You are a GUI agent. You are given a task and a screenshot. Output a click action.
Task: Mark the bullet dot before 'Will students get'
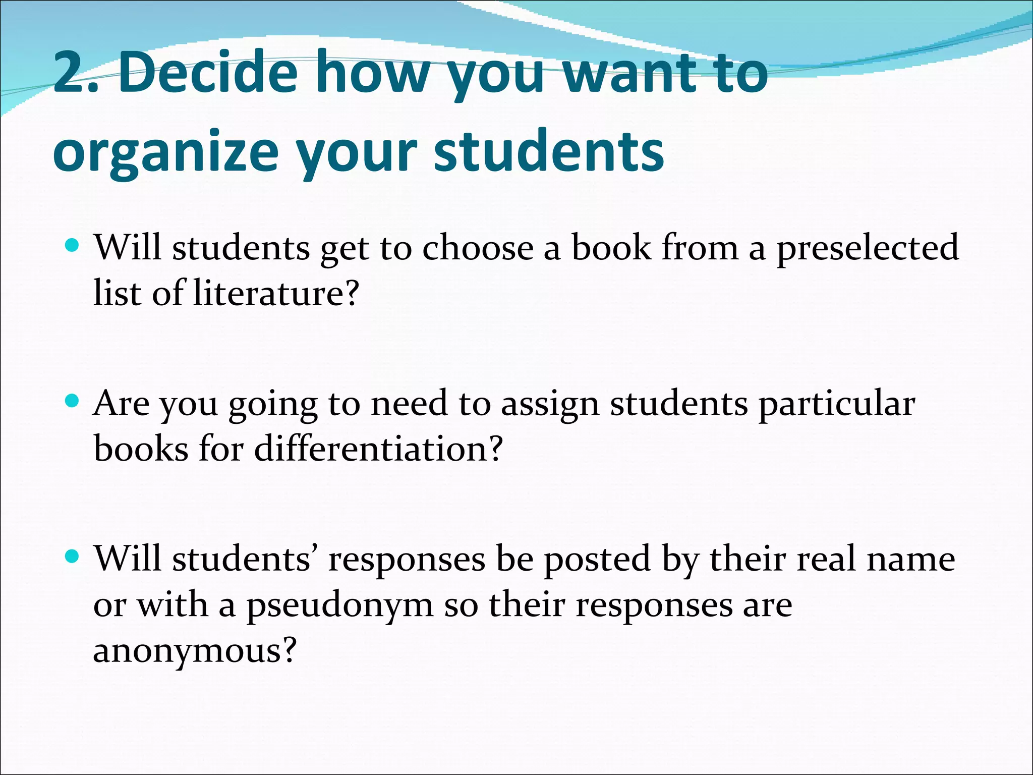(x=73, y=246)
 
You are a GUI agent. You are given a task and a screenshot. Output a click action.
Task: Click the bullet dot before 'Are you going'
(x=73, y=402)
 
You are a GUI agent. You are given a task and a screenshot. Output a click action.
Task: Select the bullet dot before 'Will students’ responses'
(x=73, y=557)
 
